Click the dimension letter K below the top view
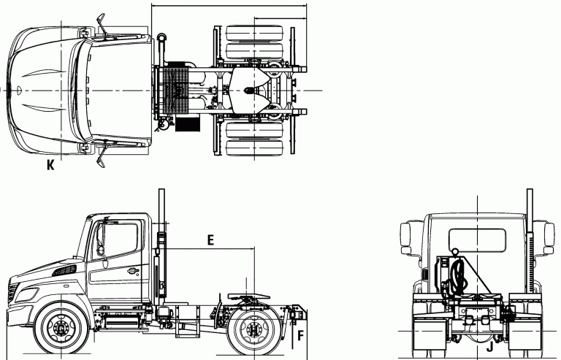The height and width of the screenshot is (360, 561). click(x=50, y=165)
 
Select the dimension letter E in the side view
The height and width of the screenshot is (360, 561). click(x=210, y=240)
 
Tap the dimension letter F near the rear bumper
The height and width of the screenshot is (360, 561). click(x=300, y=335)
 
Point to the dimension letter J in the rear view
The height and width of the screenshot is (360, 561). click(x=489, y=346)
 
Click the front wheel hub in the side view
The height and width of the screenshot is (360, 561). click(x=61, y=328)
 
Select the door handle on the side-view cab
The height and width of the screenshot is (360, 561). click(x=133, y=271)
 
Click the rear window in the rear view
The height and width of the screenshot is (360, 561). click(x=477, y=240)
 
